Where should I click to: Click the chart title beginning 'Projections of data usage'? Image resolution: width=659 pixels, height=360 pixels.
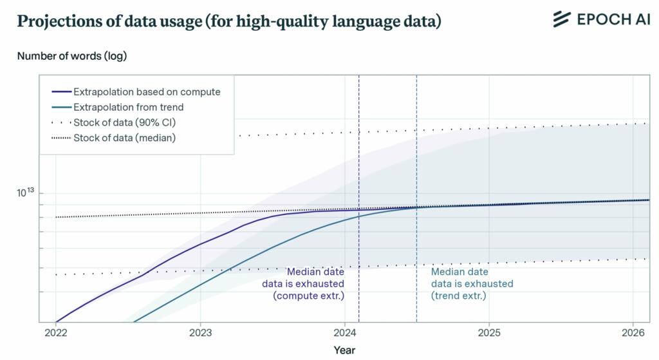pyautogui.click(x=228, y=21)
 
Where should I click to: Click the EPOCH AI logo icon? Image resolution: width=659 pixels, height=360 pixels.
pyautogui.click(x=562, y=19)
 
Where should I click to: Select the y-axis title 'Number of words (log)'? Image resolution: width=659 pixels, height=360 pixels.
pyautogui.click(x=72, y=56)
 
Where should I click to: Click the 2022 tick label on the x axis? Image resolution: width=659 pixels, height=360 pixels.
pyautogui.click(x=56, y=333)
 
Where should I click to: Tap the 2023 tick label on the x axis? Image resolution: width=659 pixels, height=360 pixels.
pyautogui.click(x=200, y=333)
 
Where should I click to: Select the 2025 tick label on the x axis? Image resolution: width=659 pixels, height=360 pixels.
pyautogui.click(x=489, y=333)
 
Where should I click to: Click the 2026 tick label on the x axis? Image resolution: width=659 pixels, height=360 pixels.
pyautogui.click(x=633, y=333)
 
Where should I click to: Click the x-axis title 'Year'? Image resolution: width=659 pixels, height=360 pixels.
pyautogui.click(x=344, y=350)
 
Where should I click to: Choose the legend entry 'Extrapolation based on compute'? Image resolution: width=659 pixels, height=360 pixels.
pyautogui.click(x=147, y=91)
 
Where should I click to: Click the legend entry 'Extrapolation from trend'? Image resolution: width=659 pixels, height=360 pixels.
pyautogui.click(x=128, y=107)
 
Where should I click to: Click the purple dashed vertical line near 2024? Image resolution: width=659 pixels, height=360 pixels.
pyautogui.click(x=358, y=161)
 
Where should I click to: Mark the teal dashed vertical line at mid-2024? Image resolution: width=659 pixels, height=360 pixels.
pyautogui.click(x=416, y=161)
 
